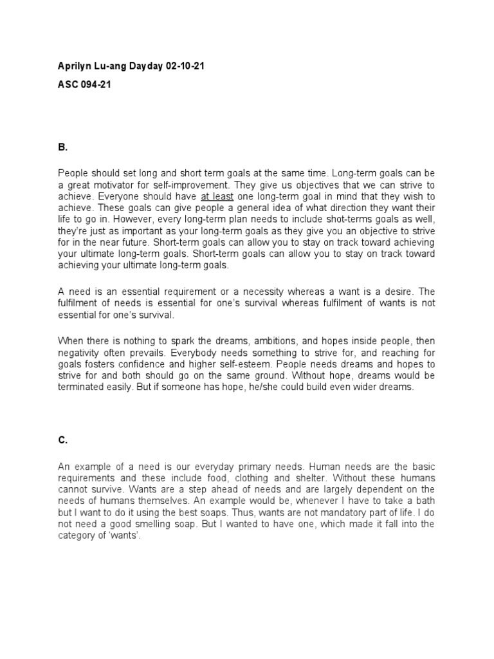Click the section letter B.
(x=62, y=147)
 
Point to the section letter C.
(x=62, y=440)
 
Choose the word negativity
(x=80, y=352)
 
